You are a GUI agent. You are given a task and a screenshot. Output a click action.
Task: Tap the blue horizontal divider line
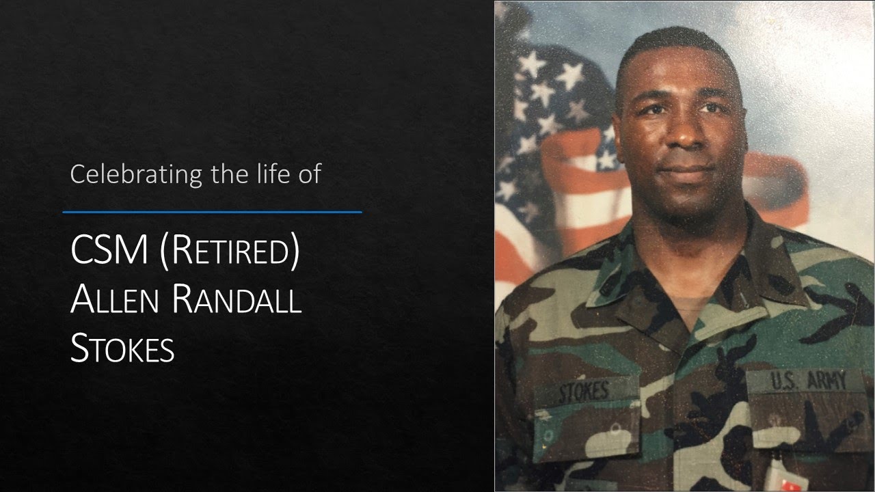coord(212,212)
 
